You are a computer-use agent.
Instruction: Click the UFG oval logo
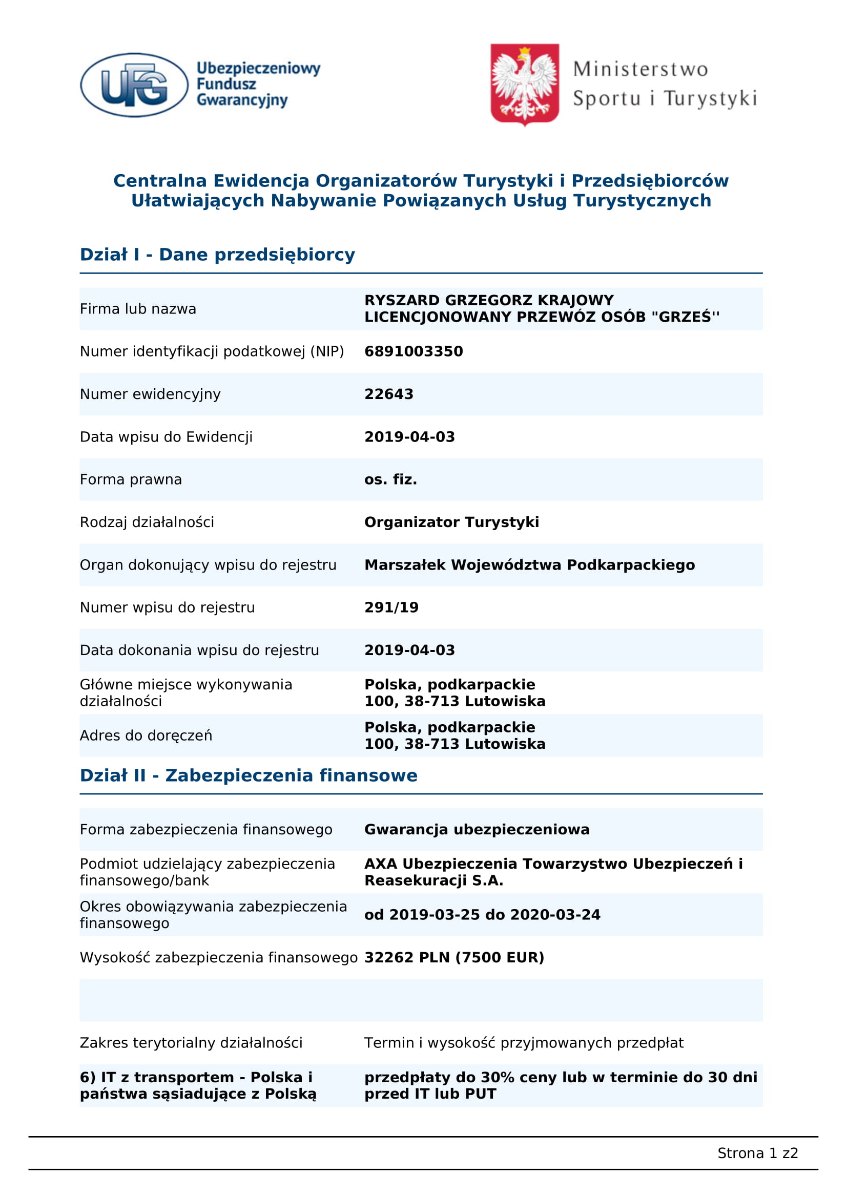point(134,85)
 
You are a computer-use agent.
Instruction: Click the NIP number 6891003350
point(414,351)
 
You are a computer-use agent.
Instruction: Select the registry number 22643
point(388,394)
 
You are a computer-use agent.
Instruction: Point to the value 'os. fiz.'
point(390,479)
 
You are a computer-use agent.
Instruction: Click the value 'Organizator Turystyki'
point(451,522)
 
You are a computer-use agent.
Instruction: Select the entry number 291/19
point(391,607)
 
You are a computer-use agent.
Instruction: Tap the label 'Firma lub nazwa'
point(138,309)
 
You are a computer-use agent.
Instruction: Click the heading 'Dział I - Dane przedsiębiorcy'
point(217,255)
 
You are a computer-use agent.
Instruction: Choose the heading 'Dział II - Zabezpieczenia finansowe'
point(249,775)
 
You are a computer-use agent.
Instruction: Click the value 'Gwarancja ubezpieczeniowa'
point(477,830)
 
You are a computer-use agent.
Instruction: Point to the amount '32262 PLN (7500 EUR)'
point(454,957)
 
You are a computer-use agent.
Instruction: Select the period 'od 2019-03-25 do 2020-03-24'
point(482,915)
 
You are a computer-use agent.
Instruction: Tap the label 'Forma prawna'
point(131,479)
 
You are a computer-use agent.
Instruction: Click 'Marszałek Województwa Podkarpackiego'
point(529,564)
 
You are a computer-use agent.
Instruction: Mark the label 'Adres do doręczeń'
point(146,735)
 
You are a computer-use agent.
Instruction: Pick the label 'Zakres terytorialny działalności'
point(191,1042)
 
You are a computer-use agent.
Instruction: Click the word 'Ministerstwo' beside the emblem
point(640,69)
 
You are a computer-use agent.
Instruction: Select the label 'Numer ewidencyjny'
point(150,394)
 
